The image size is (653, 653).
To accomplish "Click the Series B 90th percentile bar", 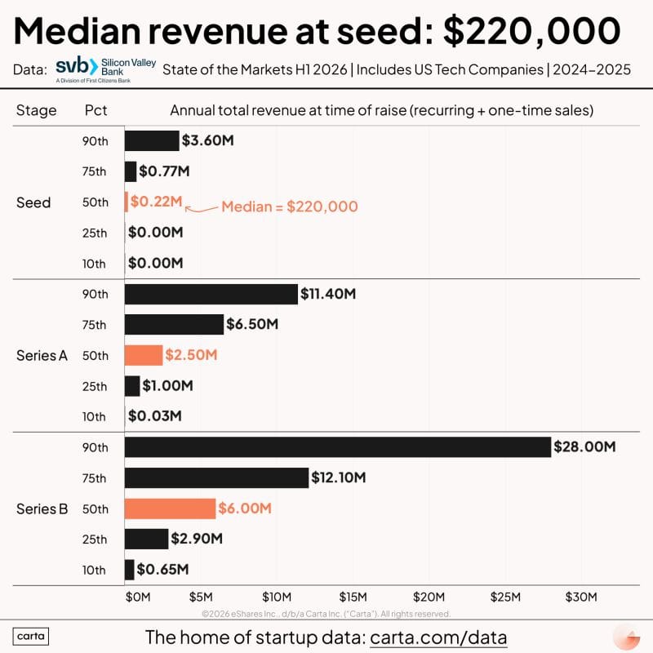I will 337,447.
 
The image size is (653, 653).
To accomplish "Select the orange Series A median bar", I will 144,355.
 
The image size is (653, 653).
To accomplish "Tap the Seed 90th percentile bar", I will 152,140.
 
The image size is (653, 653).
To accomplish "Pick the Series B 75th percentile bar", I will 216,478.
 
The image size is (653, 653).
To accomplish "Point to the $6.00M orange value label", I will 245,509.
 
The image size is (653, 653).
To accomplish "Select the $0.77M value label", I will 164,171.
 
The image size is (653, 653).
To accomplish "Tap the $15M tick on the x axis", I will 353,597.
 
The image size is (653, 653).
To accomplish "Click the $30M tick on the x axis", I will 582,597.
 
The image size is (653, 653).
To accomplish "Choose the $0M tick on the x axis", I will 138,597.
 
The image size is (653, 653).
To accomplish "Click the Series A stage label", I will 42,356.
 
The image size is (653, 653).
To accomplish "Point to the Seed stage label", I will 33,202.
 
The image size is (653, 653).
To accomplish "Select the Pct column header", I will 96,110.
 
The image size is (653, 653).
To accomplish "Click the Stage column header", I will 37,110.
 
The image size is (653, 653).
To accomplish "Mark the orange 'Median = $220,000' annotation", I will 290,207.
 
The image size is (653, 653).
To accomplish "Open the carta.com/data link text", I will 438,637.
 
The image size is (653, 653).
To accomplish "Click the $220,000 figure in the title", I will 531,31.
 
